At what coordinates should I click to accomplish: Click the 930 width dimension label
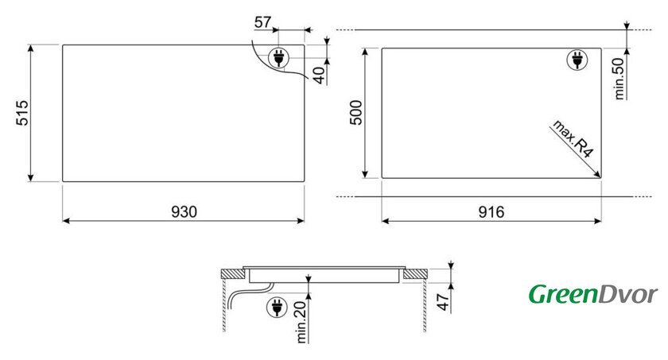[184, 211]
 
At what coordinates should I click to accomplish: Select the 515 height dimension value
[22, 113]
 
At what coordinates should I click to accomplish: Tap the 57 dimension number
[262, 21]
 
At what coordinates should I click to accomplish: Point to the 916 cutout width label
[491, 211]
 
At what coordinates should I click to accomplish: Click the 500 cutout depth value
[355, 112]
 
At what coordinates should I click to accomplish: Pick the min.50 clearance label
[619, 79]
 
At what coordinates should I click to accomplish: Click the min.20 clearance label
[301, 322]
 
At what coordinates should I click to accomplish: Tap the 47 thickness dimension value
[444, 302]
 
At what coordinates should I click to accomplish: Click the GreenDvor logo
[593, 294]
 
